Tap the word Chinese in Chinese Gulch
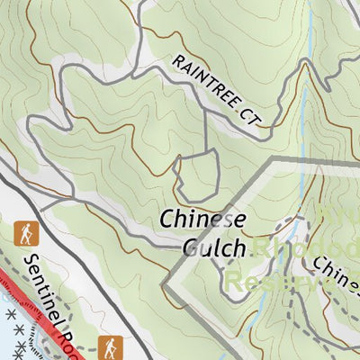pyautogui.click(x=202, y=219)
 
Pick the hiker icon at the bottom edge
pyautogui.click(x=110, y=346)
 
